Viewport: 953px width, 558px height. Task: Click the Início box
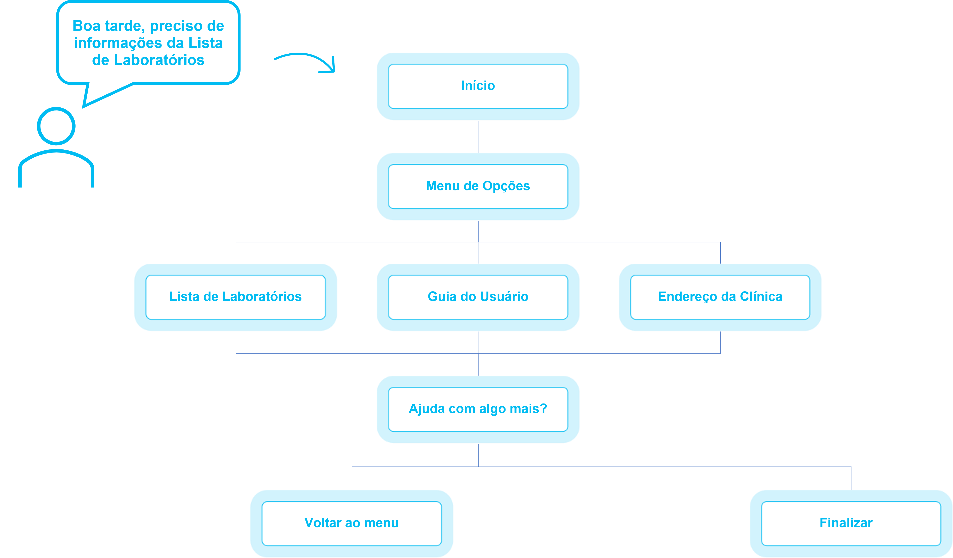point(478,86)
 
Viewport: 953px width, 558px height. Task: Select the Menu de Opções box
point(478,186)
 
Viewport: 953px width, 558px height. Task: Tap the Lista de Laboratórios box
point(236,297)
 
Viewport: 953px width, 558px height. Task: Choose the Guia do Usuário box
point(478,297)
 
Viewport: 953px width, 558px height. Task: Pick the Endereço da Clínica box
point(720,297)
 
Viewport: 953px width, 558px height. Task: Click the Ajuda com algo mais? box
point(478,409)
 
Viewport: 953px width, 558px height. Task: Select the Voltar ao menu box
point(352,523)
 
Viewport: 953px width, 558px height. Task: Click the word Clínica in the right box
point(761,297)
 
